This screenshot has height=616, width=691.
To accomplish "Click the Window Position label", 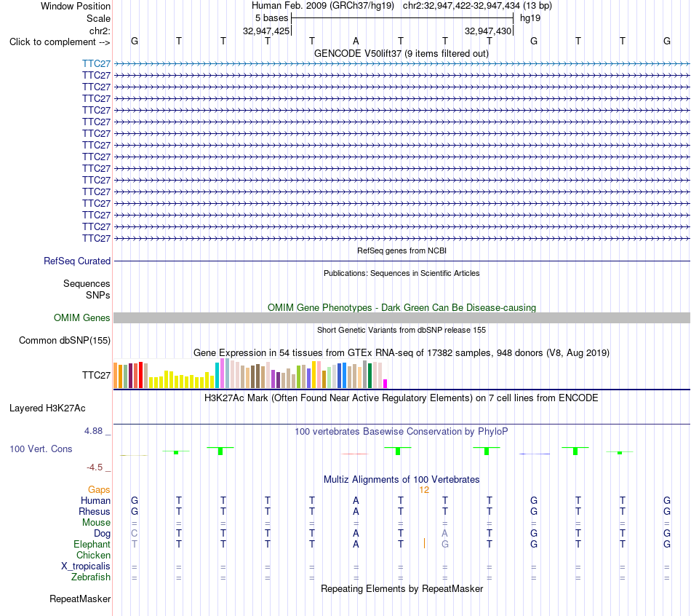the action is point(76,6).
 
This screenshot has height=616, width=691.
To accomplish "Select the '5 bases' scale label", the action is point(271,18).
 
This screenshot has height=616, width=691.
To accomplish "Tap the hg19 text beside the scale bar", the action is point(530,18).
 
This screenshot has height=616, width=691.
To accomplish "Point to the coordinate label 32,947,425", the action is point(266,31).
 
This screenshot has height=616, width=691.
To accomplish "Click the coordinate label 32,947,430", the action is point(488,31).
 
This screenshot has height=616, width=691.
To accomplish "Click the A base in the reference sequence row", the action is point(356,41).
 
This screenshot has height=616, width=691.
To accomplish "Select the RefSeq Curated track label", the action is point(77,261).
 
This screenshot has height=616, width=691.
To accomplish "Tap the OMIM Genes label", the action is point(82,317).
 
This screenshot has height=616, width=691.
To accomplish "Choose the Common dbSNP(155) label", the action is point(65,340).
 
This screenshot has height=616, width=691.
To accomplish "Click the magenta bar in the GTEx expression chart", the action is point(385,384).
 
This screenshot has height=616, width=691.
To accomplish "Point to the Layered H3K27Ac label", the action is point(47,408).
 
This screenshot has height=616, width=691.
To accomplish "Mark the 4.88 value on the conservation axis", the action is point(93,430).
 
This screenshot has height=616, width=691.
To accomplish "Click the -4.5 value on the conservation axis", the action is point(95,467).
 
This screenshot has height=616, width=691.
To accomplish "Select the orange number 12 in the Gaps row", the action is point(424,490).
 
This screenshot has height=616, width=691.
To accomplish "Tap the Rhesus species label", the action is point(95,511).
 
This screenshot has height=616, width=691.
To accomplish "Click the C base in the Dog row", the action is point(135,533).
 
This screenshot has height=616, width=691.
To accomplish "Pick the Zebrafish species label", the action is point(91,577).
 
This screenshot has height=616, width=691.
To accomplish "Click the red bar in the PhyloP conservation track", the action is point(355,454).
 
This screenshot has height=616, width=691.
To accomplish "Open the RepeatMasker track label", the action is point(80,599).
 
